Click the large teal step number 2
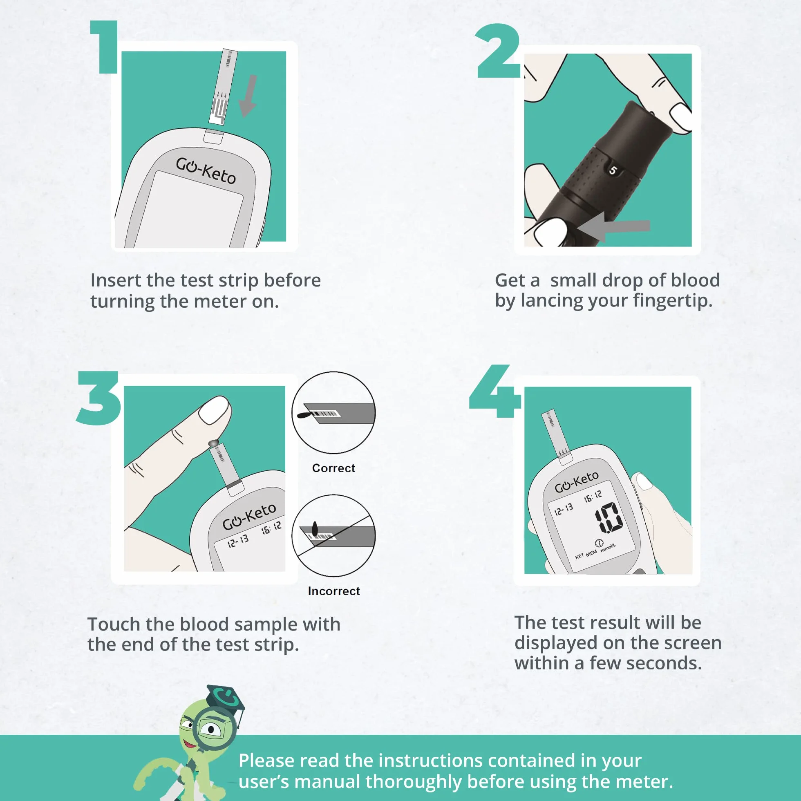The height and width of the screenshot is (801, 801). click(x=498, y=51)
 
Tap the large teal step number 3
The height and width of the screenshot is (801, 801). click(x=98, y=398)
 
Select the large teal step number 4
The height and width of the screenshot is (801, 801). click(x=495, y=391)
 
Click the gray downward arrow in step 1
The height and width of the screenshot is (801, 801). click(x=248, y=96)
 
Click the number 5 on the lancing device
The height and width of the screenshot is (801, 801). click(x=613, y=170)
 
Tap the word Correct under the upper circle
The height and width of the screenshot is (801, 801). click(x=334, y=468)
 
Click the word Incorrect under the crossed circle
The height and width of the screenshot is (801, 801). click(x=334, y=591)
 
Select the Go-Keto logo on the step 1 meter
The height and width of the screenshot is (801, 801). click(x=206, y=170)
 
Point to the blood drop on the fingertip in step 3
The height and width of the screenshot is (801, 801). click(x=213, y=443)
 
